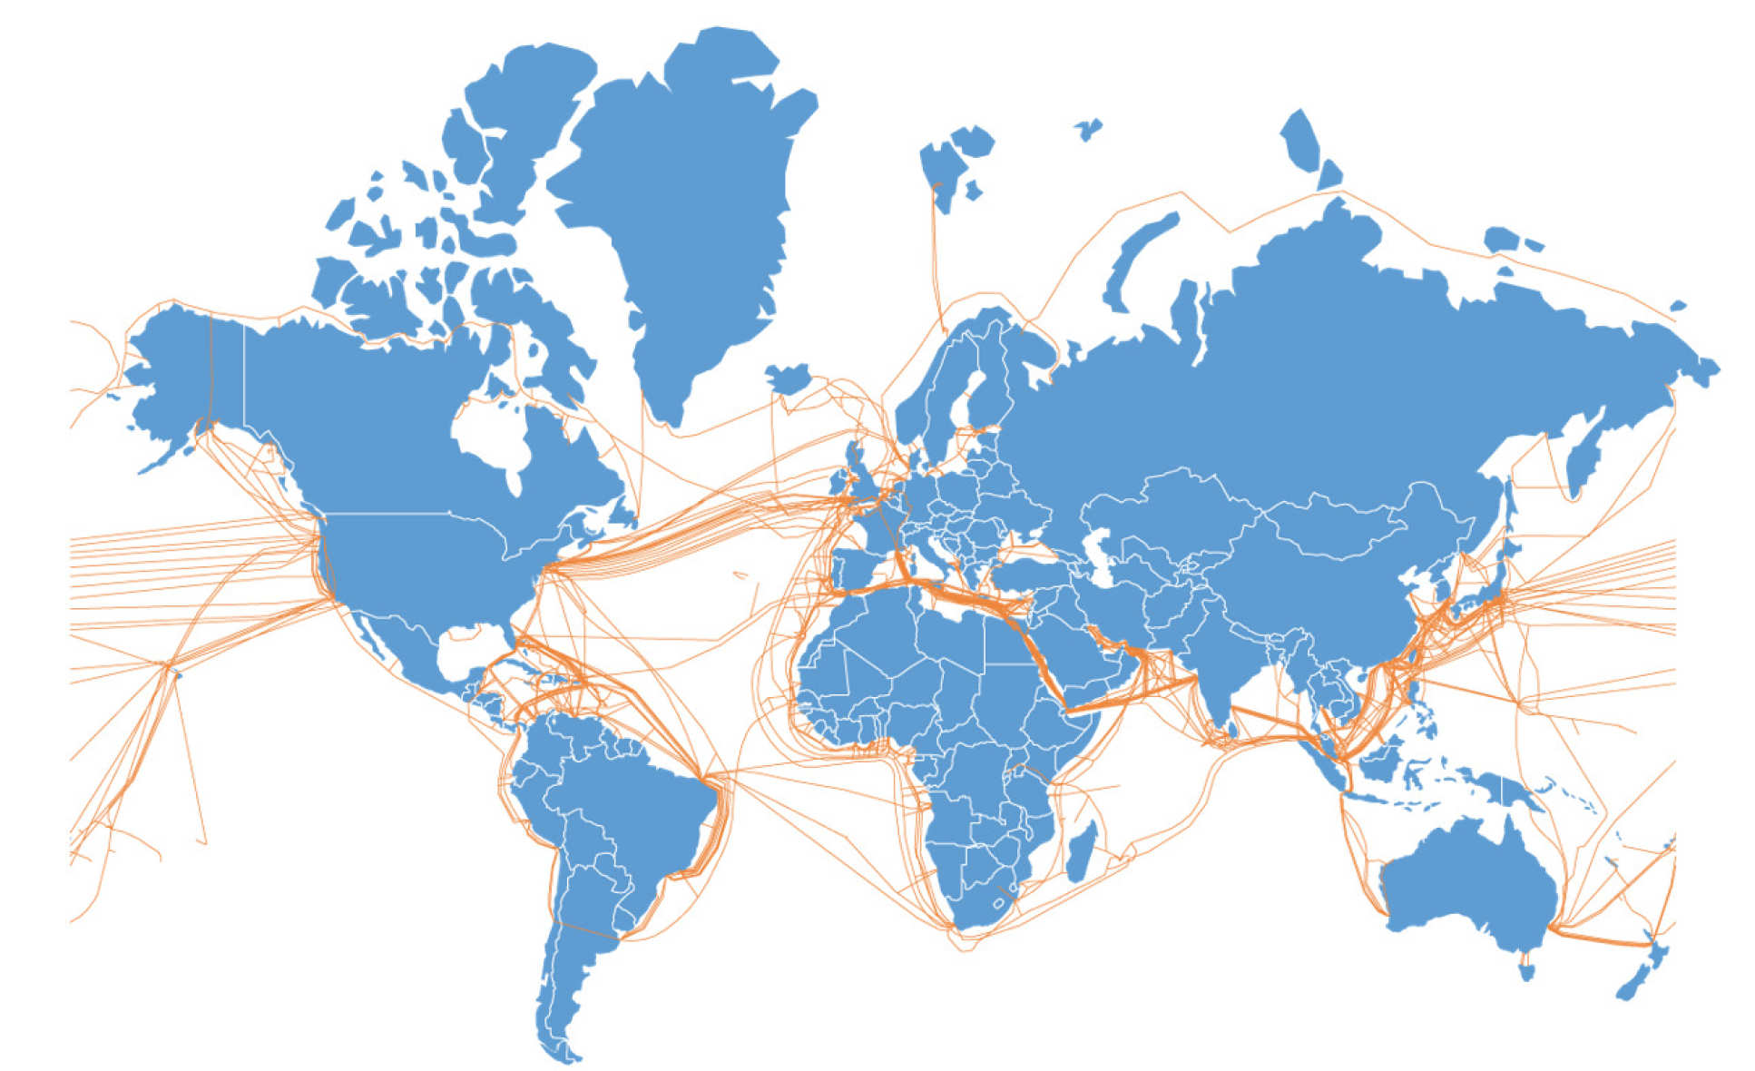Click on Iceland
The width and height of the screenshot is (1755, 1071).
click(x=787, y=378)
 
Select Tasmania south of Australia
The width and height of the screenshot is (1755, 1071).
click(x=1526, y=971)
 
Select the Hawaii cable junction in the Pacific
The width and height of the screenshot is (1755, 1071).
click(x=167, y=666)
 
